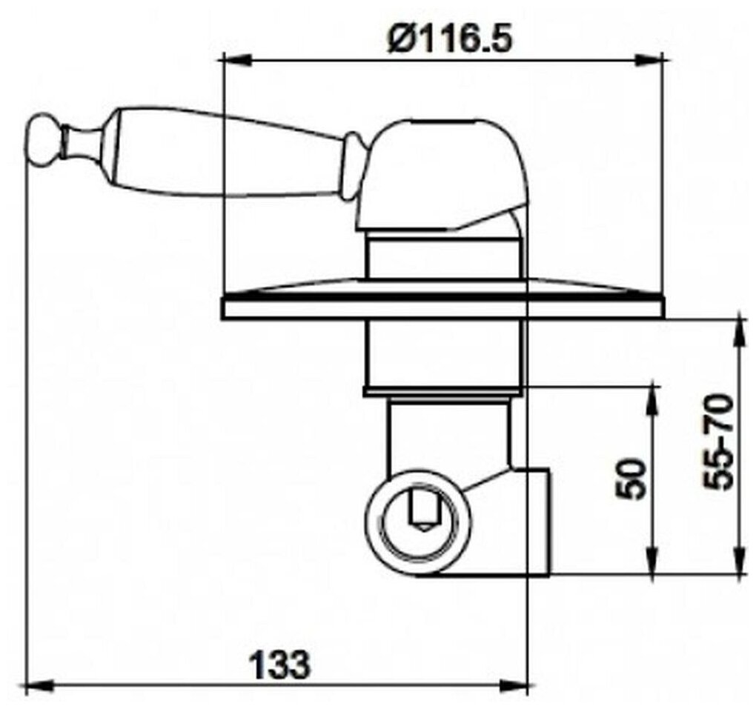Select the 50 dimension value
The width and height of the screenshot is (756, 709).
[631, 479]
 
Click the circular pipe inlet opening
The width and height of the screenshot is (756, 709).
[418, 515]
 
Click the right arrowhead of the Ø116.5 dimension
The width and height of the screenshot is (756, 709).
[649, 60]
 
